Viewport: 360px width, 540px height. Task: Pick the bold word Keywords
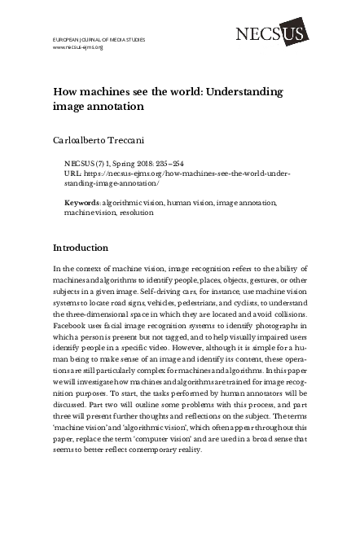click(x=82, y=200)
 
